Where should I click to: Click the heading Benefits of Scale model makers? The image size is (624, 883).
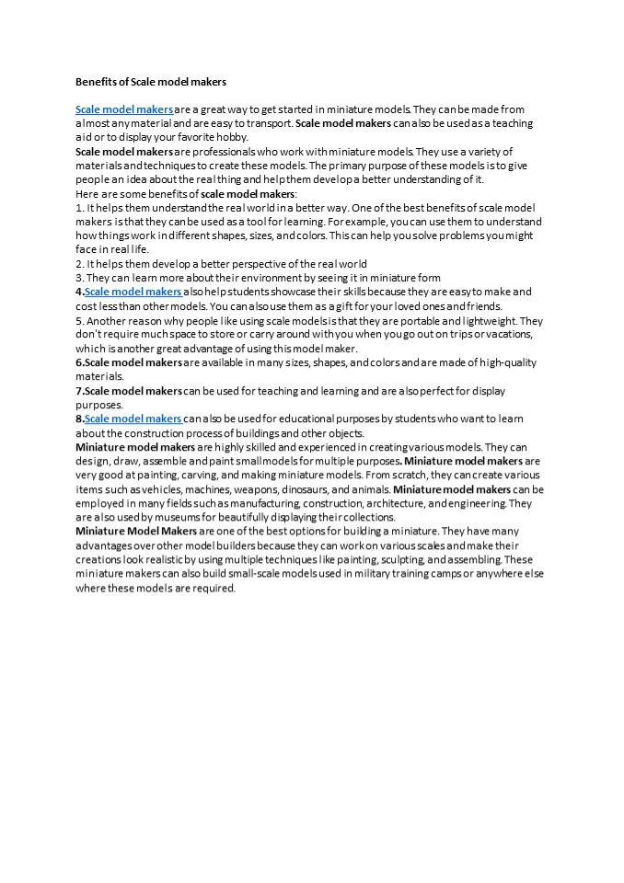click(150, 82)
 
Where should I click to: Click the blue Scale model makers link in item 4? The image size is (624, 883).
click(133, 292)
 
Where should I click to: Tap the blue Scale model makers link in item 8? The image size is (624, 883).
click(133, 419)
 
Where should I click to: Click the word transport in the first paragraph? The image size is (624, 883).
click(268, 123)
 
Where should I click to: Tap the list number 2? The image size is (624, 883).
click(78, 263)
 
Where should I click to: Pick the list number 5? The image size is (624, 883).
click(78, 321)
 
